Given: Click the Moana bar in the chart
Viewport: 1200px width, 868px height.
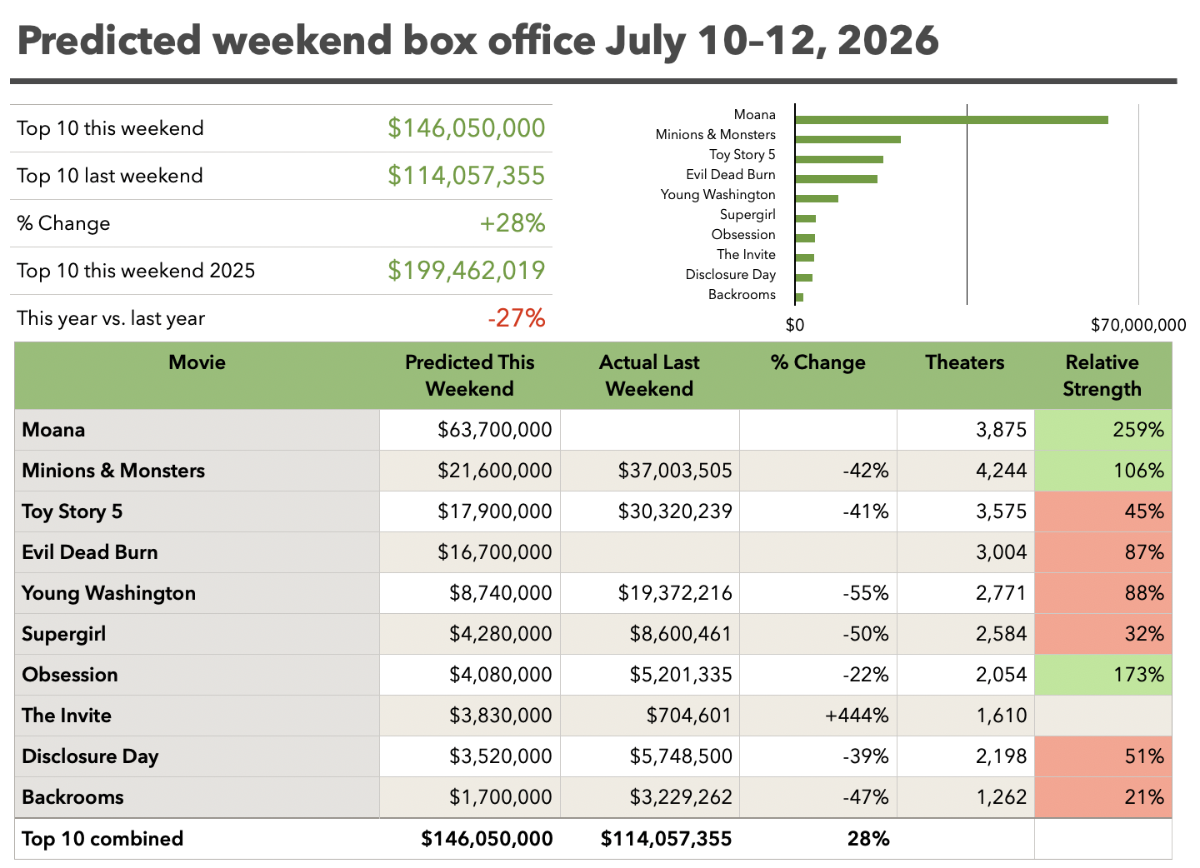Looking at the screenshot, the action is click(952, 120).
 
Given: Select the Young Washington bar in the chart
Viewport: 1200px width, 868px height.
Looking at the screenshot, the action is click(817, 198).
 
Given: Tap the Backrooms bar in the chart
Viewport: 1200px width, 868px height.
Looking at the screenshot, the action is click(799, 297).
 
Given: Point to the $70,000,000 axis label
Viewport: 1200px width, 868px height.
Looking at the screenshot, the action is click(1137, 325).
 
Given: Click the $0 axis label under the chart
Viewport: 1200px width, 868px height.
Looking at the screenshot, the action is click(794, 325).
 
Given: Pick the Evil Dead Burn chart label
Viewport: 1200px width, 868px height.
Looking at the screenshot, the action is click(730, 175).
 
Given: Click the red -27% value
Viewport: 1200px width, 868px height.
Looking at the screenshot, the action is click(517, 318).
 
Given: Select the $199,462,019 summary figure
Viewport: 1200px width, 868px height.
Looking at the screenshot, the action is click(466, 271).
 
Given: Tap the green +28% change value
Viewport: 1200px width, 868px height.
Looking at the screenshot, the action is click(512, 223).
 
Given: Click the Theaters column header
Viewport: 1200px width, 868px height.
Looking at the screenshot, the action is click(965, 362).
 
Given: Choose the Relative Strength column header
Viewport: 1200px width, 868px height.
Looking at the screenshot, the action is click(1102, 376).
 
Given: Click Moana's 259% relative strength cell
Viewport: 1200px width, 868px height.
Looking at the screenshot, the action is click(1103, 430).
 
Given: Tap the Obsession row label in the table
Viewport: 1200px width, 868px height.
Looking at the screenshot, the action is click(70, 675).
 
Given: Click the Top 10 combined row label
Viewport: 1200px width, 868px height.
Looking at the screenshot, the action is click(102, 839).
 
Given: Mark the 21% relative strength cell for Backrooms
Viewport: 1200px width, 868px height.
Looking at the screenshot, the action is click(1103, 797).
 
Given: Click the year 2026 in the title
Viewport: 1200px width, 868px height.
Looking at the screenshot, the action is click(888, 41).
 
